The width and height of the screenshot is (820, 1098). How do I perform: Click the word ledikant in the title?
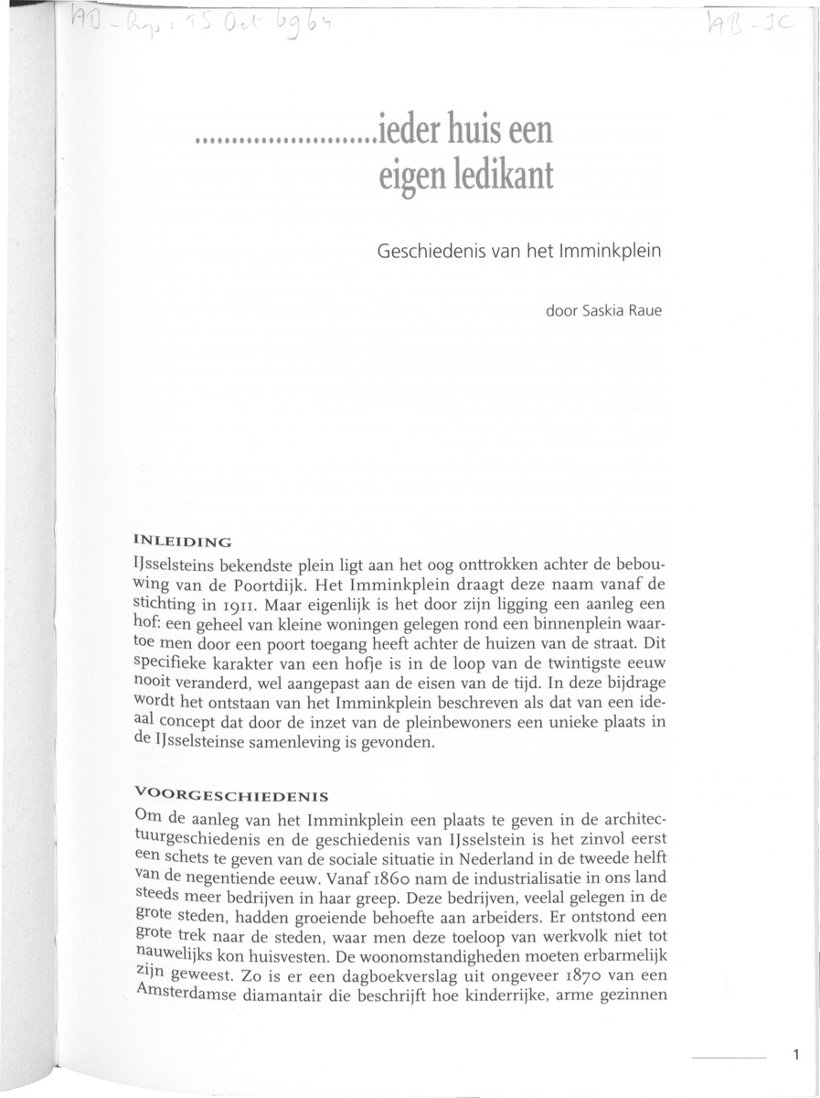(498, 175)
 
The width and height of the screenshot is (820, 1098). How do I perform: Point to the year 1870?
(581, 995)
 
